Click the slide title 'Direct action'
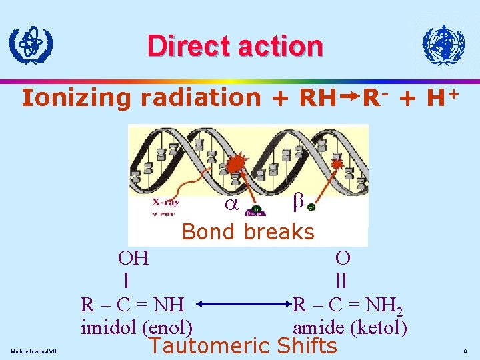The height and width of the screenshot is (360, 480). click(x=235, y=46)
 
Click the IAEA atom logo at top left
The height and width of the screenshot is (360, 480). click(x=31, y=45)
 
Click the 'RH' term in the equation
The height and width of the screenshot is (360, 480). click(x=317, y=97)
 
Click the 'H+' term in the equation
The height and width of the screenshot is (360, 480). click(x=442, y=97)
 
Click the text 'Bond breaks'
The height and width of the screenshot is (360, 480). click(x=247, y=232)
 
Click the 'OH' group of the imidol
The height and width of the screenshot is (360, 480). click(x=133, y=257)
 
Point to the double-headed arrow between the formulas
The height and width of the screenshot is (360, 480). click(x=243, y=305)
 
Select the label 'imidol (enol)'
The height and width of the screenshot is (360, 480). click(x=137, y=327)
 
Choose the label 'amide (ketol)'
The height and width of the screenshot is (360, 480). click(x=350, y=327)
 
